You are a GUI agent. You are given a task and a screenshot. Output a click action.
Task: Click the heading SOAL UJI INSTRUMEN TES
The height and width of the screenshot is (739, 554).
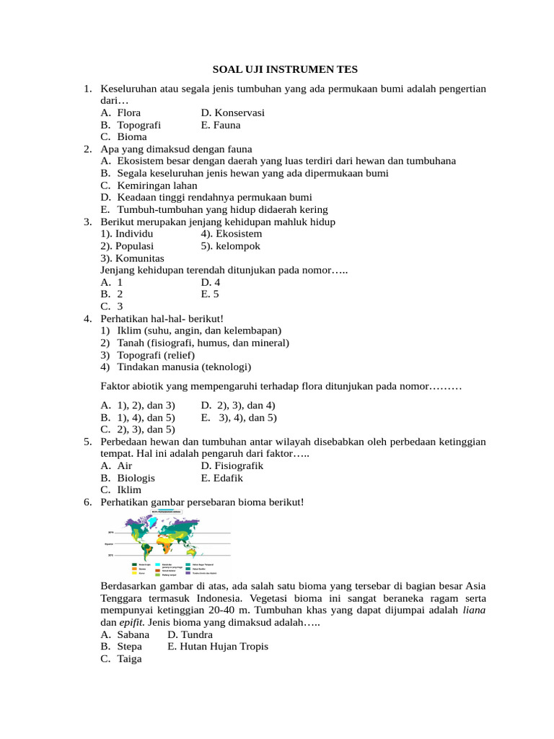click(x=285, y=69)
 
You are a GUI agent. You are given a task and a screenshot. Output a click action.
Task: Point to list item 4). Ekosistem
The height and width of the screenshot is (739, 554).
click(x=232, y=234)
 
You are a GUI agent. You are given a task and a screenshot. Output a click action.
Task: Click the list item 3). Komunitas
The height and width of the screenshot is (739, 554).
click(x=133, y=258)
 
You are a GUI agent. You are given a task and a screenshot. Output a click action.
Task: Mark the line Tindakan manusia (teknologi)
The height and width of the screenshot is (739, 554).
click(x=184, y=367)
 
